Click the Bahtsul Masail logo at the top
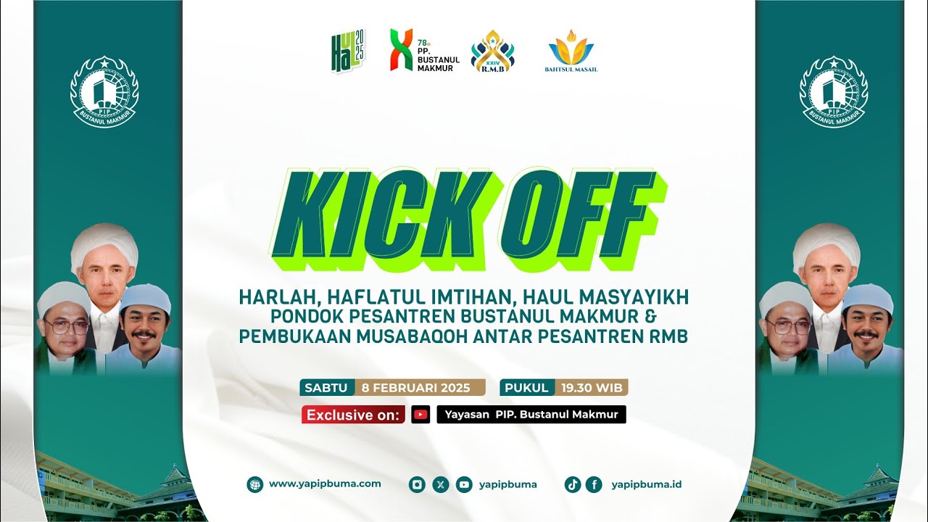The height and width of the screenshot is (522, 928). coord(571,50)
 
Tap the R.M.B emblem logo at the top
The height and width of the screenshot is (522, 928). coord(492,51)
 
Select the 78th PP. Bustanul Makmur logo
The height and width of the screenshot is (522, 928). coord(424,50)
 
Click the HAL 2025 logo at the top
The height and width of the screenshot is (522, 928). coord(349,50)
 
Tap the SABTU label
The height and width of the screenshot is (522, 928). coord(326,387)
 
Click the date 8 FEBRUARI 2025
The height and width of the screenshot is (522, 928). coord(421,387)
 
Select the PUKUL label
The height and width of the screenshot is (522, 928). coord(527,387)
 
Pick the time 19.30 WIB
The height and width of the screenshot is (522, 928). coord(592,387)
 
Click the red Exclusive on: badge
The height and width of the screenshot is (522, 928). coord(353,415)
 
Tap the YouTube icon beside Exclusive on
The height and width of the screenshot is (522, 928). coord(420,415)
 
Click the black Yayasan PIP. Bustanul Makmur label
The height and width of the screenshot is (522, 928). coord(531,415)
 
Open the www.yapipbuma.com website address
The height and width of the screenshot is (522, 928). coord(325,484)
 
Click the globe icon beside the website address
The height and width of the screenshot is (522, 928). coord(254,484)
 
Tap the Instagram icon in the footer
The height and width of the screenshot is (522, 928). coord(417,484)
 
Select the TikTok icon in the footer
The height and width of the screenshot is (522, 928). coord(573,484)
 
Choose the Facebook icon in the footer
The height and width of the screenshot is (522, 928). coord(594,484)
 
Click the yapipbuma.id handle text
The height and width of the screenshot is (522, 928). coord(646,484)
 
